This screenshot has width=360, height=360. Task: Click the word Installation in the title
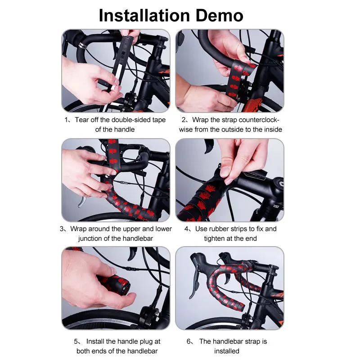tap(144, 15)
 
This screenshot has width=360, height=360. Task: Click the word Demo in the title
tap(219, 15)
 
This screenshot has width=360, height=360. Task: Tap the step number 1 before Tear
tap(66, 120)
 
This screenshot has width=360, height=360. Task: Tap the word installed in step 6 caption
tap(227, 351)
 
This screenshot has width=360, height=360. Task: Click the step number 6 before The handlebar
tap(189, 342)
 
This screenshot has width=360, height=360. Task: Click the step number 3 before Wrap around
tap(62, 229)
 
